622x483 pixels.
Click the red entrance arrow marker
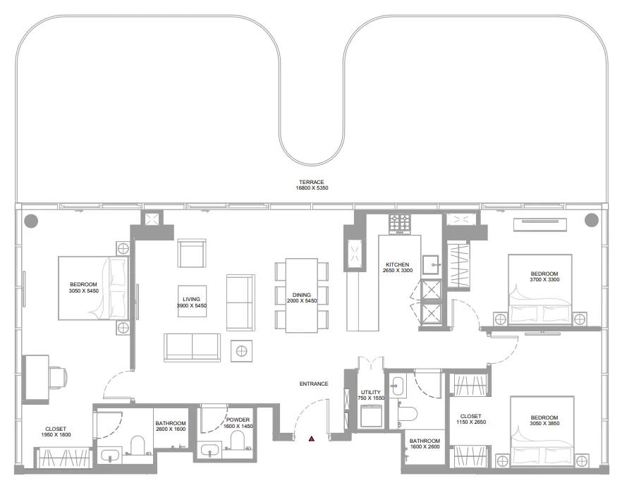tap(311, 439)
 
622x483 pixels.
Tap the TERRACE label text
tap(311, 182)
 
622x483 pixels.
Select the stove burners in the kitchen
tap(401, 224)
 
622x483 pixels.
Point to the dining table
tap(301, 295)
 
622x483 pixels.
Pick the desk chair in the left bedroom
tap(58, 377)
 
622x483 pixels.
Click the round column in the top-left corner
tap(30, 221)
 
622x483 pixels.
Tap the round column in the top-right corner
tap(591, 221)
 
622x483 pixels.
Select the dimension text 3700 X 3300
tap(544, 280)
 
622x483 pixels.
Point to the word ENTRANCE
tap(314, 384)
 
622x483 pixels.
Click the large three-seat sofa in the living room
tap(192, 346)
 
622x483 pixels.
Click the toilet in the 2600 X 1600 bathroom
tap(138, 444)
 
